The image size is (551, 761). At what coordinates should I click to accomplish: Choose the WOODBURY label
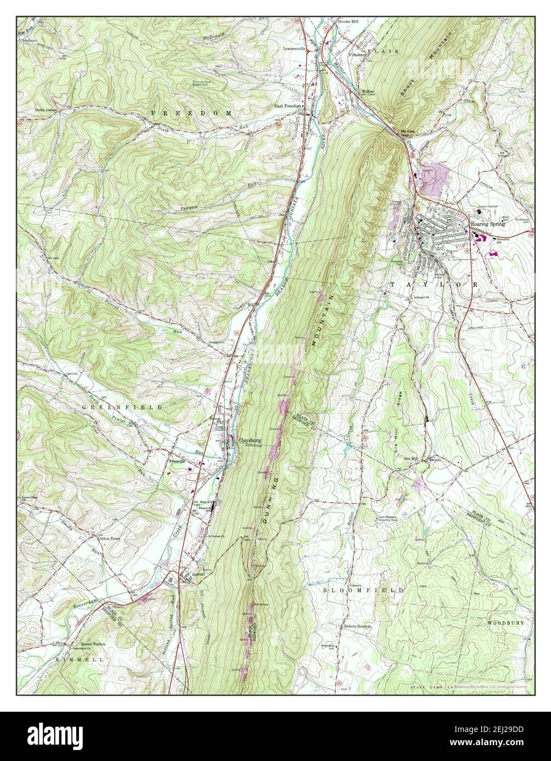pyautogui.click(x=508, y=622)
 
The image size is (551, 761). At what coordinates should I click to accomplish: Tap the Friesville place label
pyautogui.click(x=179, y=461)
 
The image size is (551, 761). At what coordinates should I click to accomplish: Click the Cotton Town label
pyautogui.click(x=109, y=539)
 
